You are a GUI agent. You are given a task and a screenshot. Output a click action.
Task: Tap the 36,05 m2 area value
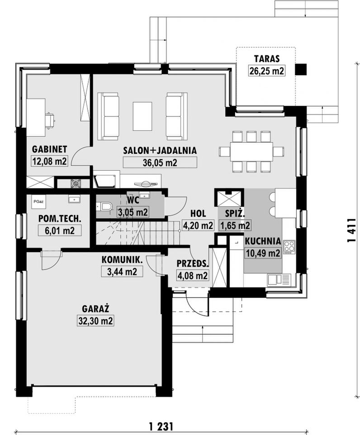pos(160,163)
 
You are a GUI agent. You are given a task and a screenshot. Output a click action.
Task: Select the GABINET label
pos(49,149)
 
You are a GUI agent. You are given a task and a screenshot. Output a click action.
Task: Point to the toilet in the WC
pos(104,206)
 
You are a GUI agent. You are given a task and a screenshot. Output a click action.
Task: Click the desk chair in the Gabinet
pos(50,120)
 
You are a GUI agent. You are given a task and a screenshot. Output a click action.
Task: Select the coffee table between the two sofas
pos(142,116)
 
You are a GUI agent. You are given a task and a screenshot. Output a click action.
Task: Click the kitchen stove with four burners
pos(289,247)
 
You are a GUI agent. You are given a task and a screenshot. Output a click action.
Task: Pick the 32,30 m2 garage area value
pos(95,321)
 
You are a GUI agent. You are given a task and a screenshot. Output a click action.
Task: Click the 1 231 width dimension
pos(161,425)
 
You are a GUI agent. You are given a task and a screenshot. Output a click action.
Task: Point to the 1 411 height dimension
pos(351,229)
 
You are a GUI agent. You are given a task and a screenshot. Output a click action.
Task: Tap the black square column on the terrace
pos(301,69)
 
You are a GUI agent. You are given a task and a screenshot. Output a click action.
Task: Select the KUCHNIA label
pos(263,241)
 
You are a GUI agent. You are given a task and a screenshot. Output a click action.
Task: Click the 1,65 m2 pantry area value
pos(235,225)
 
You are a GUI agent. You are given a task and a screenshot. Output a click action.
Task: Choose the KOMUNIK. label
pos(122,260)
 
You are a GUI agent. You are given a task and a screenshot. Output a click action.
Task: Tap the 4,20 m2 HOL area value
pos(198,225)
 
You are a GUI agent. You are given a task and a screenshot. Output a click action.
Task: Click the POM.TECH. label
pos(60,219)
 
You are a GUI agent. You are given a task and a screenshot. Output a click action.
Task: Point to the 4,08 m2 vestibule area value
pos(192,276)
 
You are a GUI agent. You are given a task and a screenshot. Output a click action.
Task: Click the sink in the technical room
pos(74,199)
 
